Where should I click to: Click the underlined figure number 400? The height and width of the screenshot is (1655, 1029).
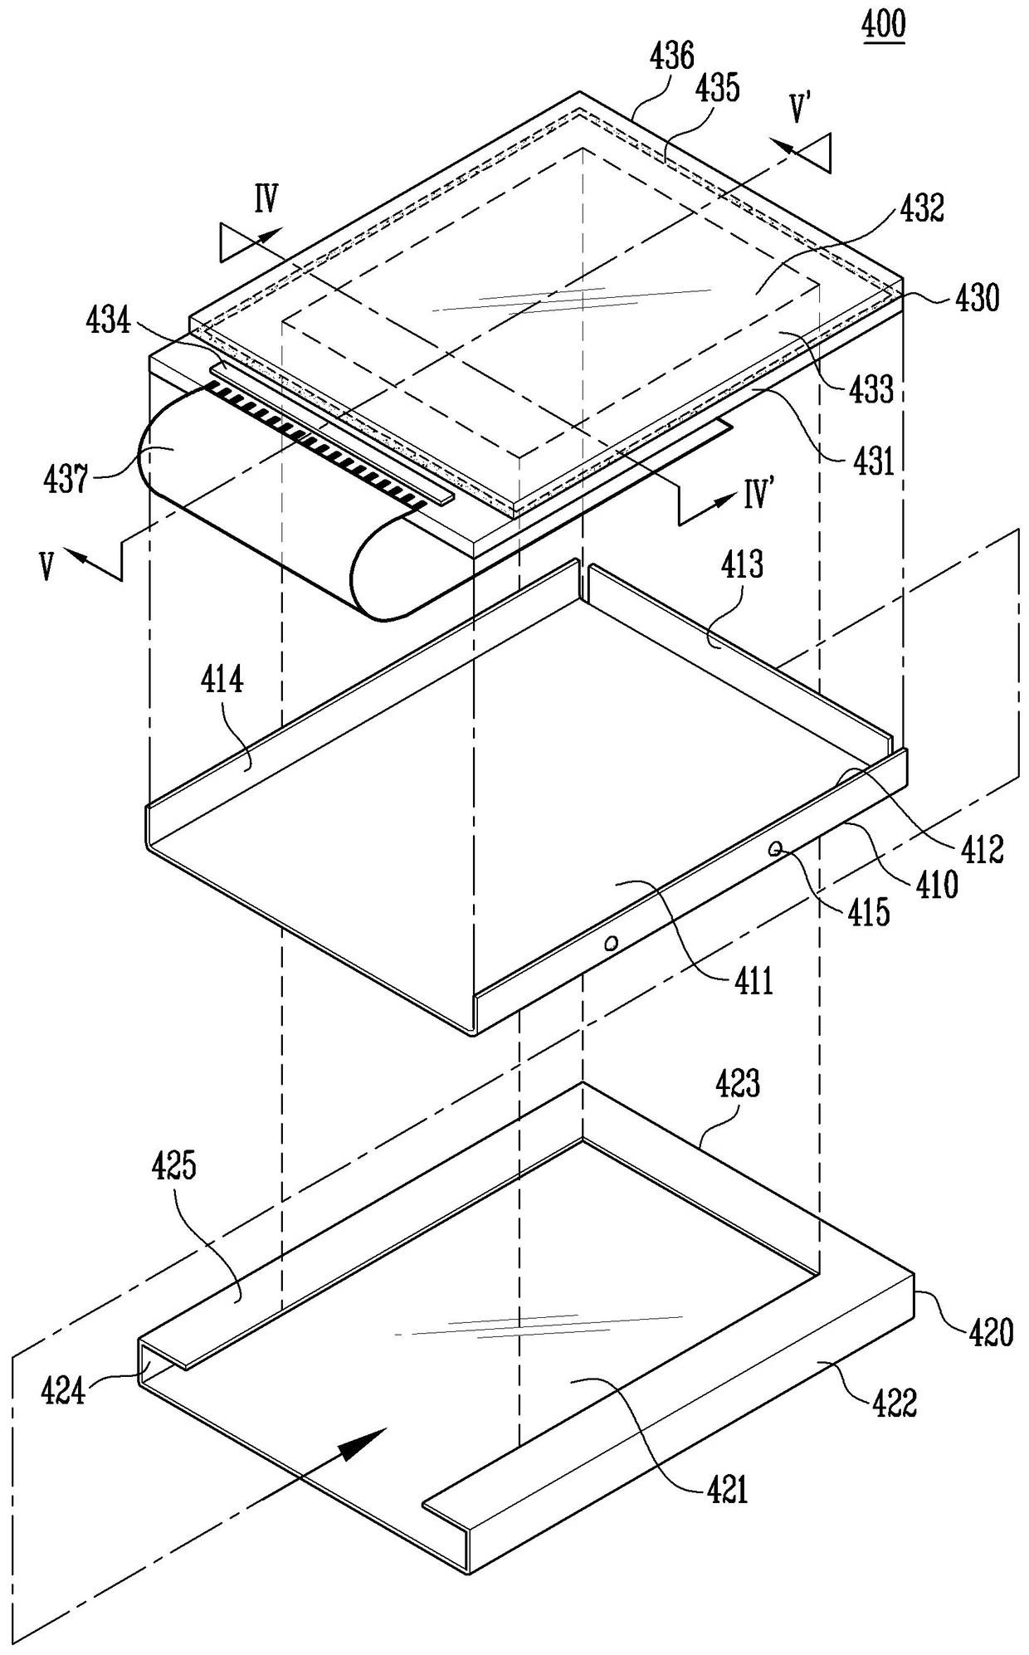pyautogui.click(x=884, y=25)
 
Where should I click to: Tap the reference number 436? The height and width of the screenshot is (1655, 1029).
pyautogui.click(x=671, y=56)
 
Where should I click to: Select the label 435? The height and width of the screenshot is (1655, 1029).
pyautogui.click(x=718, y=87)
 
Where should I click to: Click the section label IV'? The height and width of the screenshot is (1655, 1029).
pyautogui.click(x=758, y=496)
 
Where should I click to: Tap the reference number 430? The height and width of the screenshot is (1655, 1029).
pyautogui.click(x=976, y=297)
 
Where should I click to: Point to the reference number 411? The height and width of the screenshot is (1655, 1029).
pyautogui.click(x=752, y=981)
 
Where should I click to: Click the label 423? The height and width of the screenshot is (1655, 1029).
pyautogui.click(x=737, y=1084)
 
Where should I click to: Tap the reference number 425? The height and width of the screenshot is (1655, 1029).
pyautogui.click(x=173, y=1166)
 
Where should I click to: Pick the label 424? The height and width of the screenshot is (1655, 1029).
pyautogui.click(x=64, y=1390)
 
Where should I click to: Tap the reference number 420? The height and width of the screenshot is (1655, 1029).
pyautogui.click(x=990, y=1332)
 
